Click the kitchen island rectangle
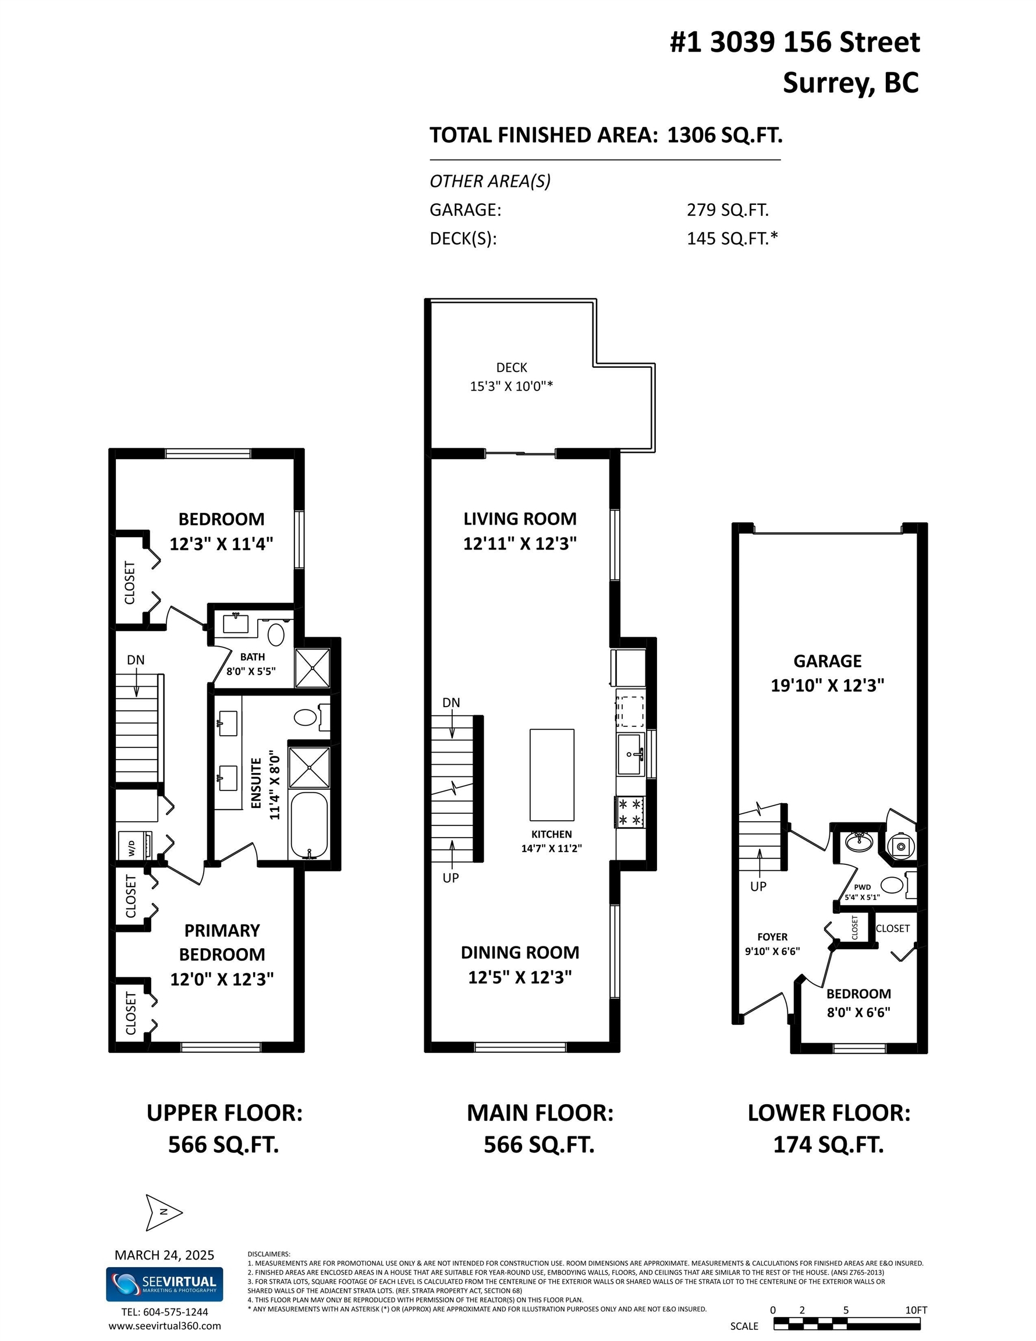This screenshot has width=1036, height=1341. (552, 775)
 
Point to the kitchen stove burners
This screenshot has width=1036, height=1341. (630, 812)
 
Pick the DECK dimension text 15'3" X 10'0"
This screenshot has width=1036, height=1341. (511, 386)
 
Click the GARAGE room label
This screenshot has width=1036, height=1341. (827, 661)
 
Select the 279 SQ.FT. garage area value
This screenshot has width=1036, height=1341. (728, 210)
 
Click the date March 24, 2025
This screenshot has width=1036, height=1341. (164, 1255)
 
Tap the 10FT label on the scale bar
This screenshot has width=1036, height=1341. (916, 1310)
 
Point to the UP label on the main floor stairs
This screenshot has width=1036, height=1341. (450, 878)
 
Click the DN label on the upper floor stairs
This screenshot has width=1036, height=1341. (136, 659)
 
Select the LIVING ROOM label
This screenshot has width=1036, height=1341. (520, 519)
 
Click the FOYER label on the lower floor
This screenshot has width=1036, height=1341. (772, 937)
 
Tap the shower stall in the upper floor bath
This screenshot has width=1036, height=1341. (313, 668)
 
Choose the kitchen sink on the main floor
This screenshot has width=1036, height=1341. (631, 754)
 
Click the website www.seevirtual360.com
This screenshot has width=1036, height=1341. (165, 1326)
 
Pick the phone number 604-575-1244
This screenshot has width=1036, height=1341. (176, 1312)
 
